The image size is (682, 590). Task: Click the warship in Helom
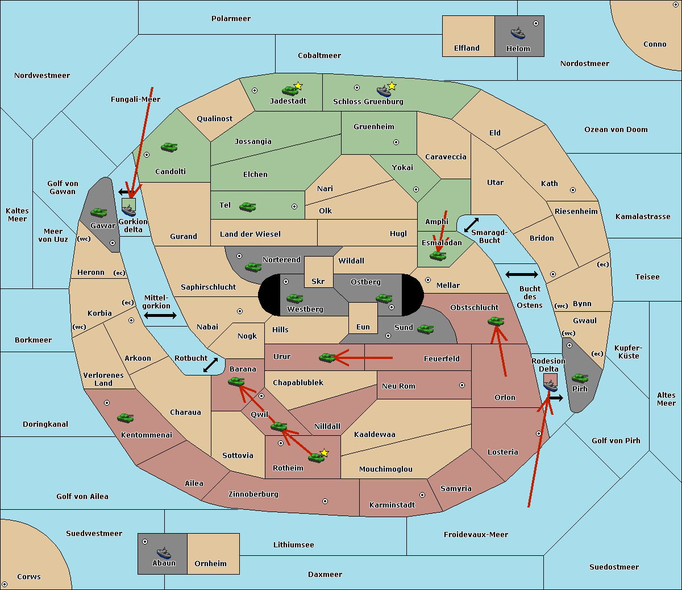[x=518, y=33]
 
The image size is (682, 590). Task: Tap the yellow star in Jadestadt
[x=298, y=86]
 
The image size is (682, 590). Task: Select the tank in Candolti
[x=169, y=147]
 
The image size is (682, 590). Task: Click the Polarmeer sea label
[x=231, y=19]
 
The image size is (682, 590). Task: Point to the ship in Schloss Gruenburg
[x=384, y=90]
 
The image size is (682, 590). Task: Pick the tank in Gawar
[x=99, y=212]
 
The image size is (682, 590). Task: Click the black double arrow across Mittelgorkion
[x=160, y=315]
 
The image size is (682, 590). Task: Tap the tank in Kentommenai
[x=126, y=418]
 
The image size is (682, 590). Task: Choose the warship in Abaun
[x=164, y=552]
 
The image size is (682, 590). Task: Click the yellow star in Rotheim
[x=325, y=453]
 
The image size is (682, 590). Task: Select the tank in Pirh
[x=580, y=378]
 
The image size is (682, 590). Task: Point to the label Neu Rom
[x=398, y=386]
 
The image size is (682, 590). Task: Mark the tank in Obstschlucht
[x=496, y=321]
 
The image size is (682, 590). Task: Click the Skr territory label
[x=318, y=281]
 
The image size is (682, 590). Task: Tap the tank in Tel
[x=247, y=207]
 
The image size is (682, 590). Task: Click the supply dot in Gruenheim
[x=396, y=142]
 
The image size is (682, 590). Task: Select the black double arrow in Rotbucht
[x=210, y=365]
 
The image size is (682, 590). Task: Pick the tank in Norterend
[x=253, y=267]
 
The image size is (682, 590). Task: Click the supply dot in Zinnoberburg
[x=325, y=501]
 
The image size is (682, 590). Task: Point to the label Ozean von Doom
[x=616, y=130]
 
